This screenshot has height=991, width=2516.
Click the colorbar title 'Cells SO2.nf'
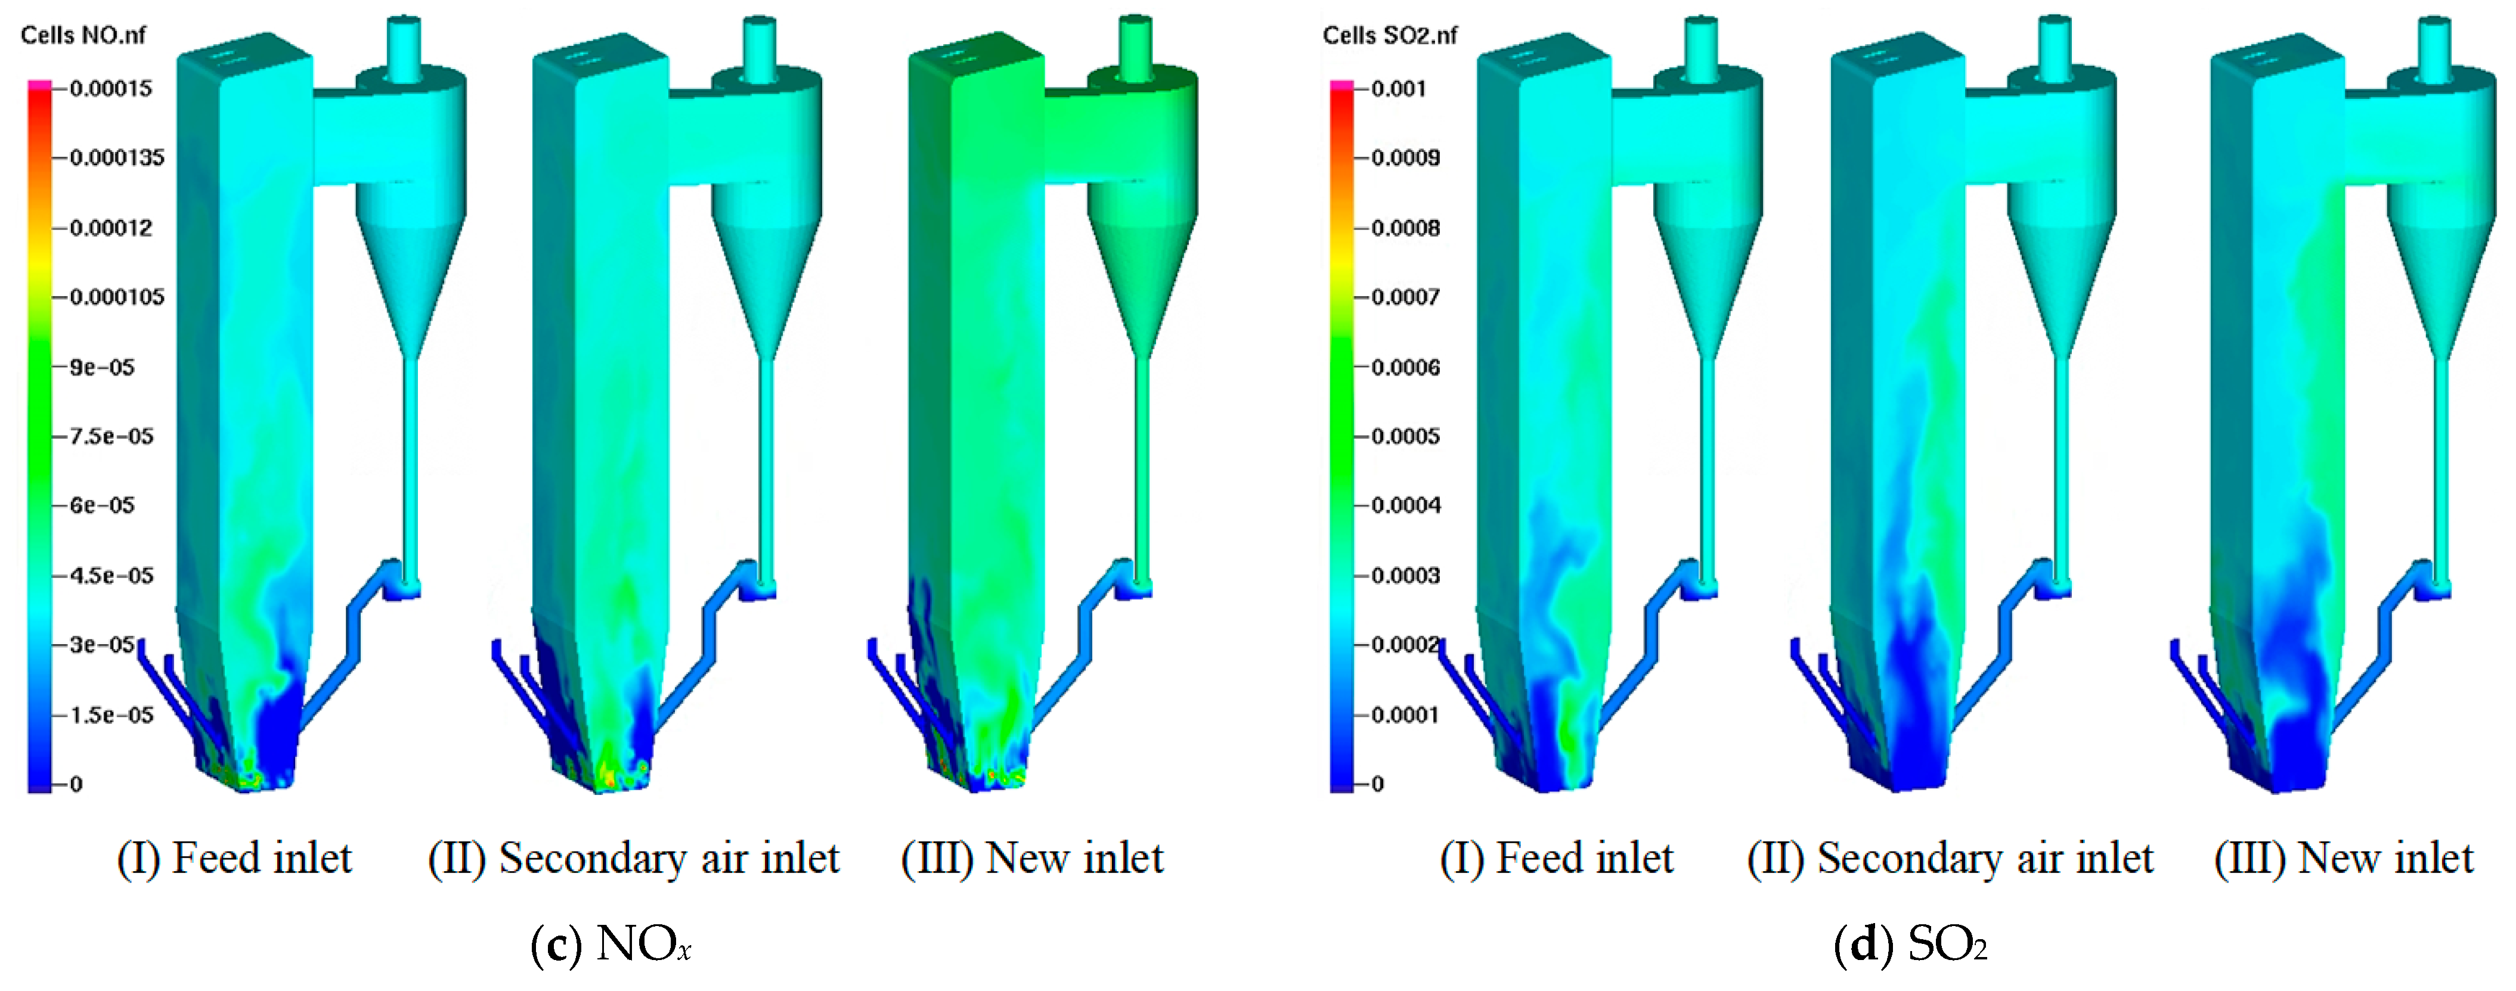(x=1389, y=35)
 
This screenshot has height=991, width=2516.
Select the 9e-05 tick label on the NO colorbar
(x=101, y=367)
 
